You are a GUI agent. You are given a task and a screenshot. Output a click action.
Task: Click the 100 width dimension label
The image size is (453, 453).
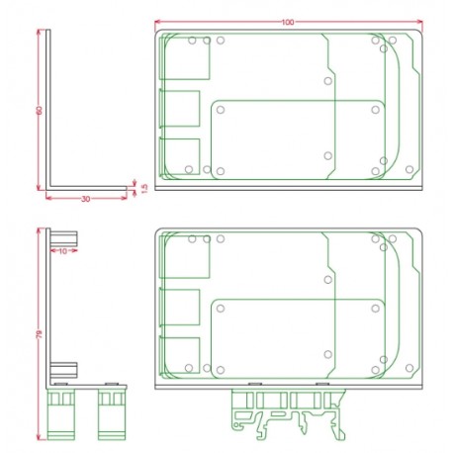[287, 22]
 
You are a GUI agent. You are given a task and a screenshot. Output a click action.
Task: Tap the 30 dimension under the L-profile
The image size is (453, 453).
[85, 199]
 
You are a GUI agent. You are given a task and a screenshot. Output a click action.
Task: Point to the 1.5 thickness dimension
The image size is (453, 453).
[143, 187]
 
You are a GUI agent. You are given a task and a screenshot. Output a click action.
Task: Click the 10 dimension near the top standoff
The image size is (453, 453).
[62, 251]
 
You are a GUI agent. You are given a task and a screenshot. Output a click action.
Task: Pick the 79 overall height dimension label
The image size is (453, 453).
[39, 336]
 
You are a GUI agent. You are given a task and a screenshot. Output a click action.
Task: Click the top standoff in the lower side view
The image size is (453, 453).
[64, 237]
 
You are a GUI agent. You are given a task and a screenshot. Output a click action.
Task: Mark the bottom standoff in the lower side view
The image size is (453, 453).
[64, 368]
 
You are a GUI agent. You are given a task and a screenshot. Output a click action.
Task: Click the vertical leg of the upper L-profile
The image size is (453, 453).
[48, 109]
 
